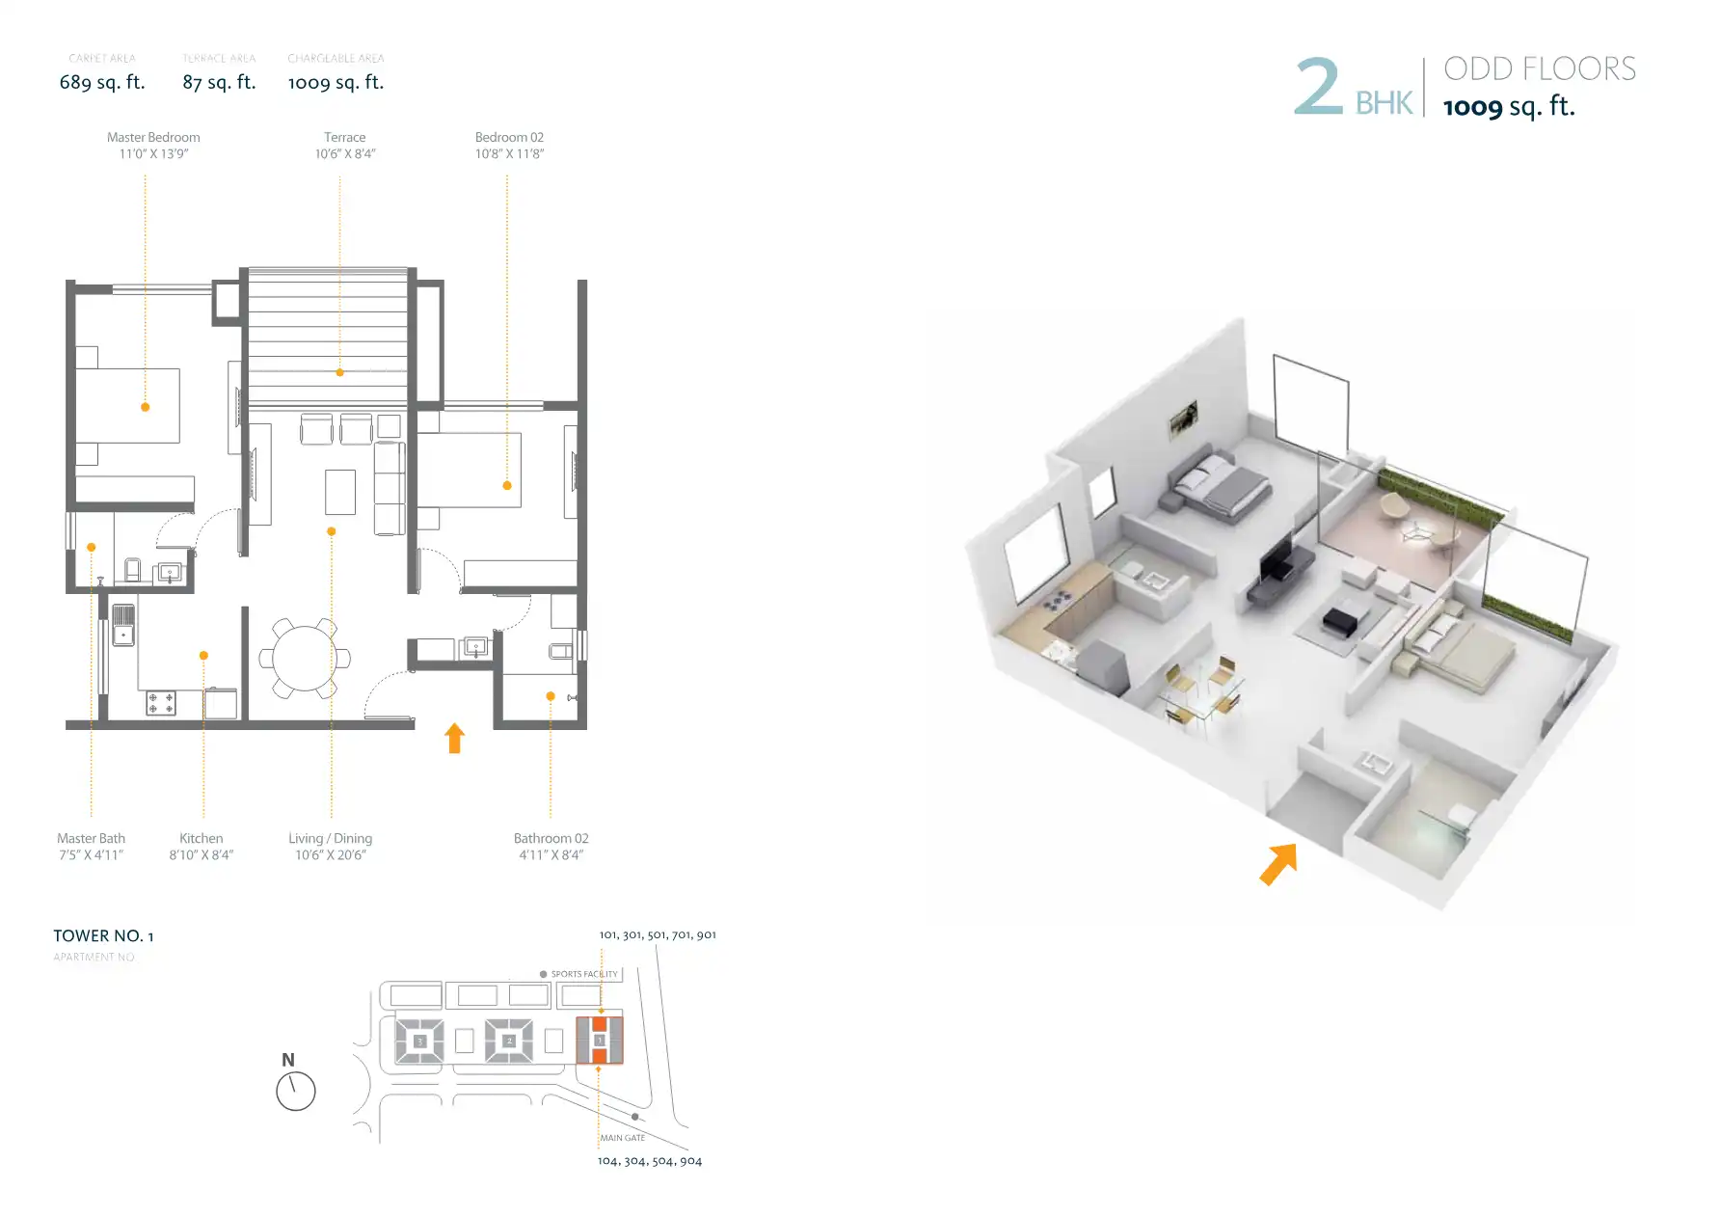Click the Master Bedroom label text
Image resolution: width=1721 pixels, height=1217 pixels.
pos(153,138)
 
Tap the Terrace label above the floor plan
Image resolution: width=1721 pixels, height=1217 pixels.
pos(344,138)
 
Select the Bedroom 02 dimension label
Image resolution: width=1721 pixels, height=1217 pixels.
pos(509,154)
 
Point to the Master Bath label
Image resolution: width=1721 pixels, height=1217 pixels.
pos(91,839)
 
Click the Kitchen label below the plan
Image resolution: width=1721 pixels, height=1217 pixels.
pos(201,839)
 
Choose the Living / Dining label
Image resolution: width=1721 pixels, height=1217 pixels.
pos(330,839)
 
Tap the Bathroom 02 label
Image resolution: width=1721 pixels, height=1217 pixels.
pos(551,839)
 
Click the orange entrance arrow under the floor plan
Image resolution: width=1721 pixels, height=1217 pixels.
pos(455,739)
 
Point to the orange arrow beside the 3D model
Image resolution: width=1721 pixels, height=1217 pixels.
pos(1278,863)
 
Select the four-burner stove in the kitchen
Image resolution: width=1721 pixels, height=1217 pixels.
pos(161,703)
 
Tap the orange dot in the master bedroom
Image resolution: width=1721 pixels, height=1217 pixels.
pos(146,407)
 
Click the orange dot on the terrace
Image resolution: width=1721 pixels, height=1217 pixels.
pos(339,372)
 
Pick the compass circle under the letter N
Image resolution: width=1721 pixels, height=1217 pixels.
pos(296,1092)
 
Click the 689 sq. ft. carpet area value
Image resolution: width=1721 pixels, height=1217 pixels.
pos(102,83)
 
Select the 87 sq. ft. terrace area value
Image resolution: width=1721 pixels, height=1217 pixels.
pos(219,83)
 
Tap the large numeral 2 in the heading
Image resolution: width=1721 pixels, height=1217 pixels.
pos(1317,87)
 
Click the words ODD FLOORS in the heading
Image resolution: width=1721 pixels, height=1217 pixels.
pos(1539,69)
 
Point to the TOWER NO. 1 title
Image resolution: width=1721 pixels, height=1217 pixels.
pos(103,936)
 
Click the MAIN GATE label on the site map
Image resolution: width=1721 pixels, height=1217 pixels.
pos(623,1138)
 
